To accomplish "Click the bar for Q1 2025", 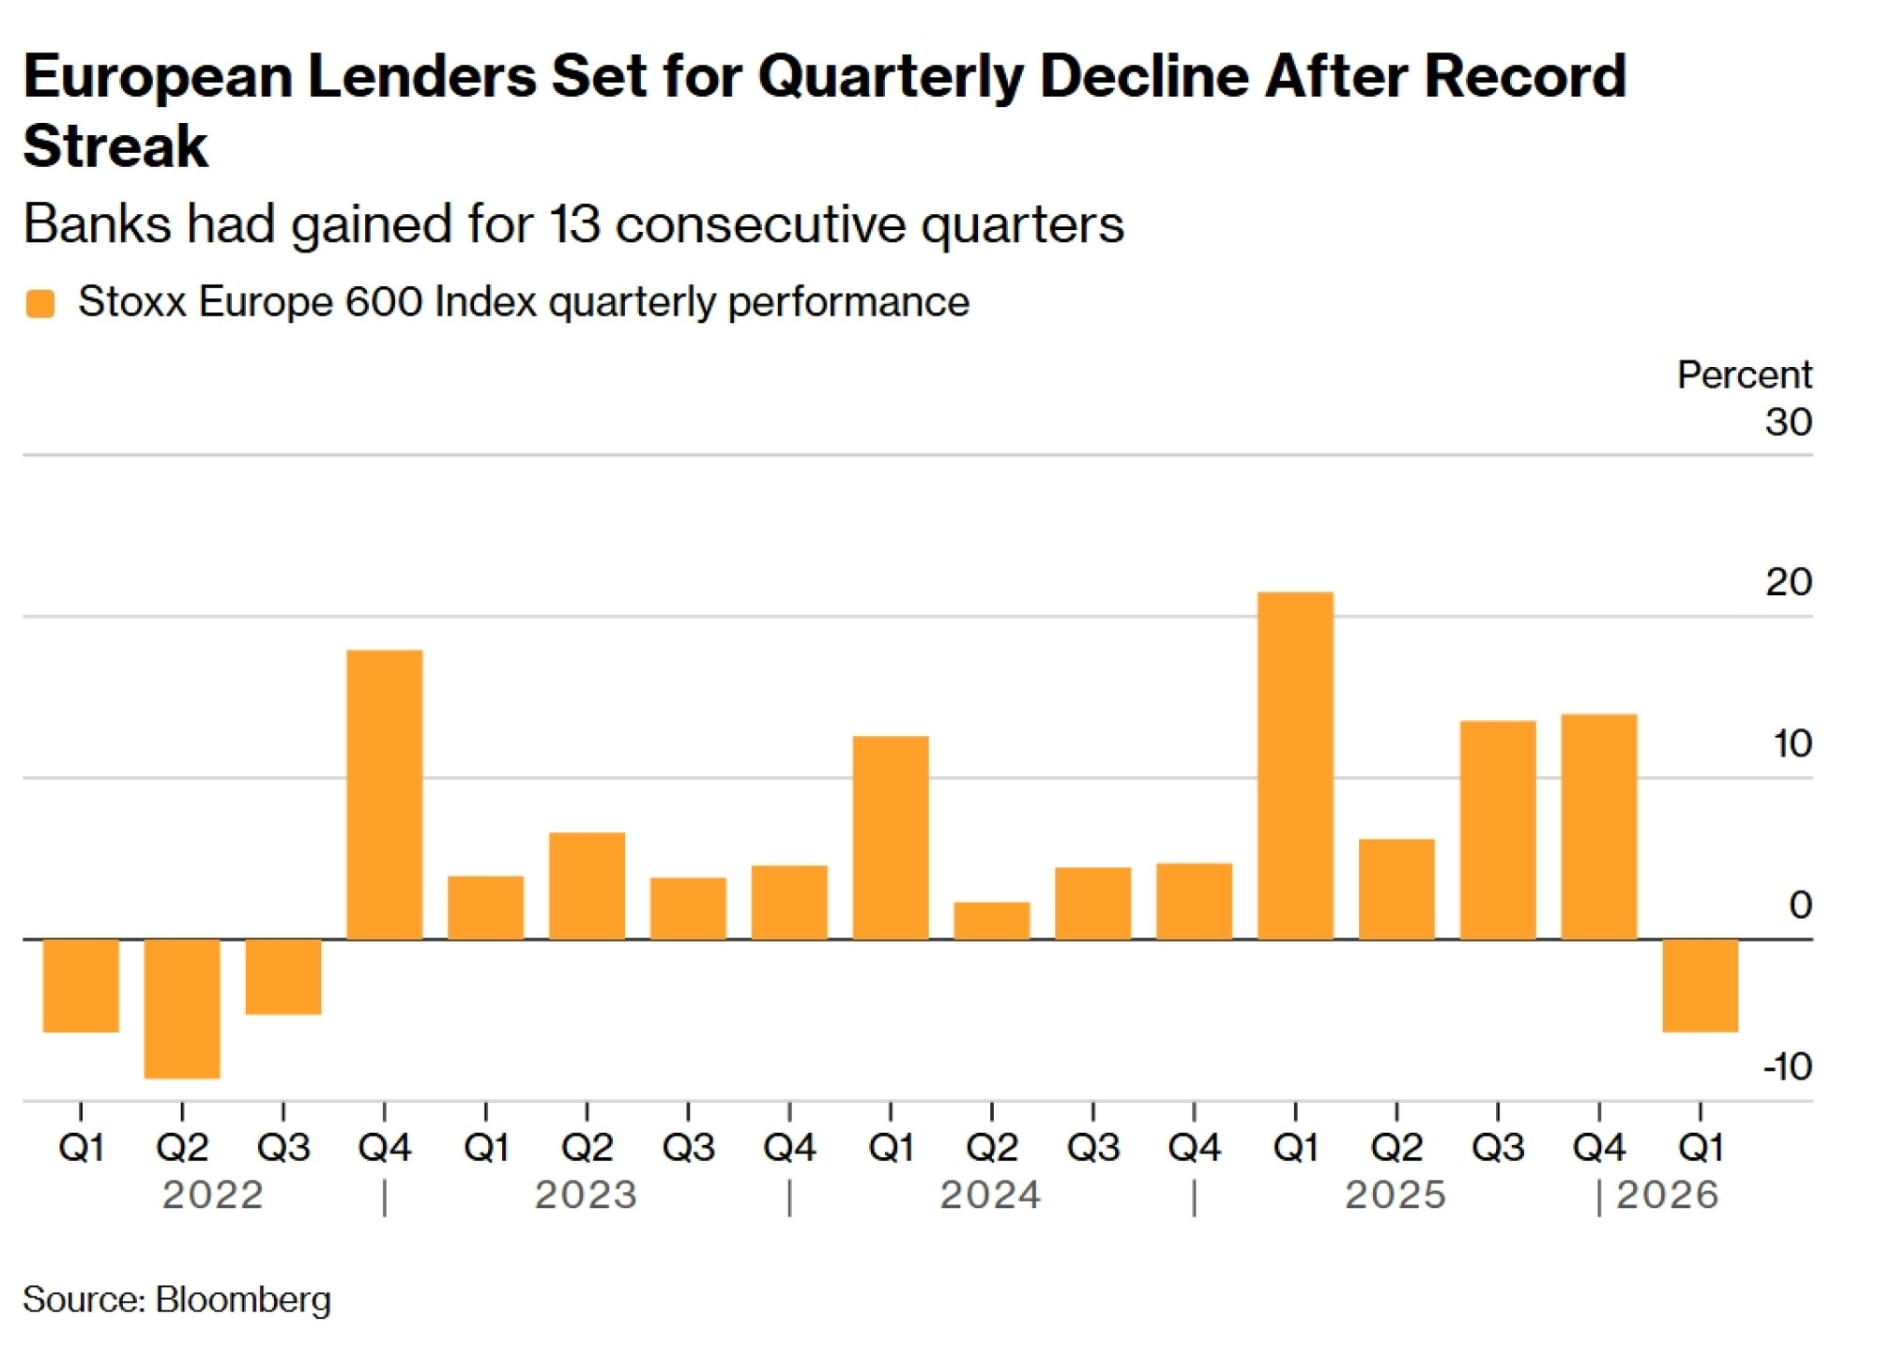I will point(1295,765).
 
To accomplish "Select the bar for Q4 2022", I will point(385,794).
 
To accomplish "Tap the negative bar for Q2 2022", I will point(182,1008).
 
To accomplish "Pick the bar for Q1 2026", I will point(1700,985).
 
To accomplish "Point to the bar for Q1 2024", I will point(891,837).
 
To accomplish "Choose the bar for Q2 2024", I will point(992,920).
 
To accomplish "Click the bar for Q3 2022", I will point(283,976).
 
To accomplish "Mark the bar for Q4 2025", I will point(1599,826).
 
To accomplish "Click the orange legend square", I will point(40,303).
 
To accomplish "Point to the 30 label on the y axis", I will point(1788,421).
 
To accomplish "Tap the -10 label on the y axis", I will point(1787,1066).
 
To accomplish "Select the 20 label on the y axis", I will point(1788,582).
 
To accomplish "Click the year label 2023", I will point(587,1195).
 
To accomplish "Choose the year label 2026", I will point(1668,1195).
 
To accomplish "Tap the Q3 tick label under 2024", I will point(1093,1147).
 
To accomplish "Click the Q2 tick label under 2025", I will point(1396,1147).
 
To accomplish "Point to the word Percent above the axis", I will point(1744,375).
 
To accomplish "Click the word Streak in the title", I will point(115,146).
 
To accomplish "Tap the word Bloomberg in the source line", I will point(243,1300).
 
